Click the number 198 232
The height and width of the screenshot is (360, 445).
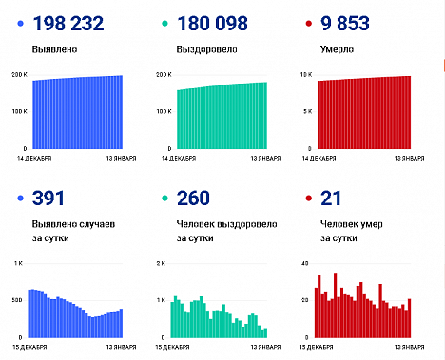[x=78, y=23]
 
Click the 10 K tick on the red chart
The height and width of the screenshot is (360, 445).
[x=306, y=74]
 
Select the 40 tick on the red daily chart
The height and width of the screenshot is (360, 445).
[x=306, y=262]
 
